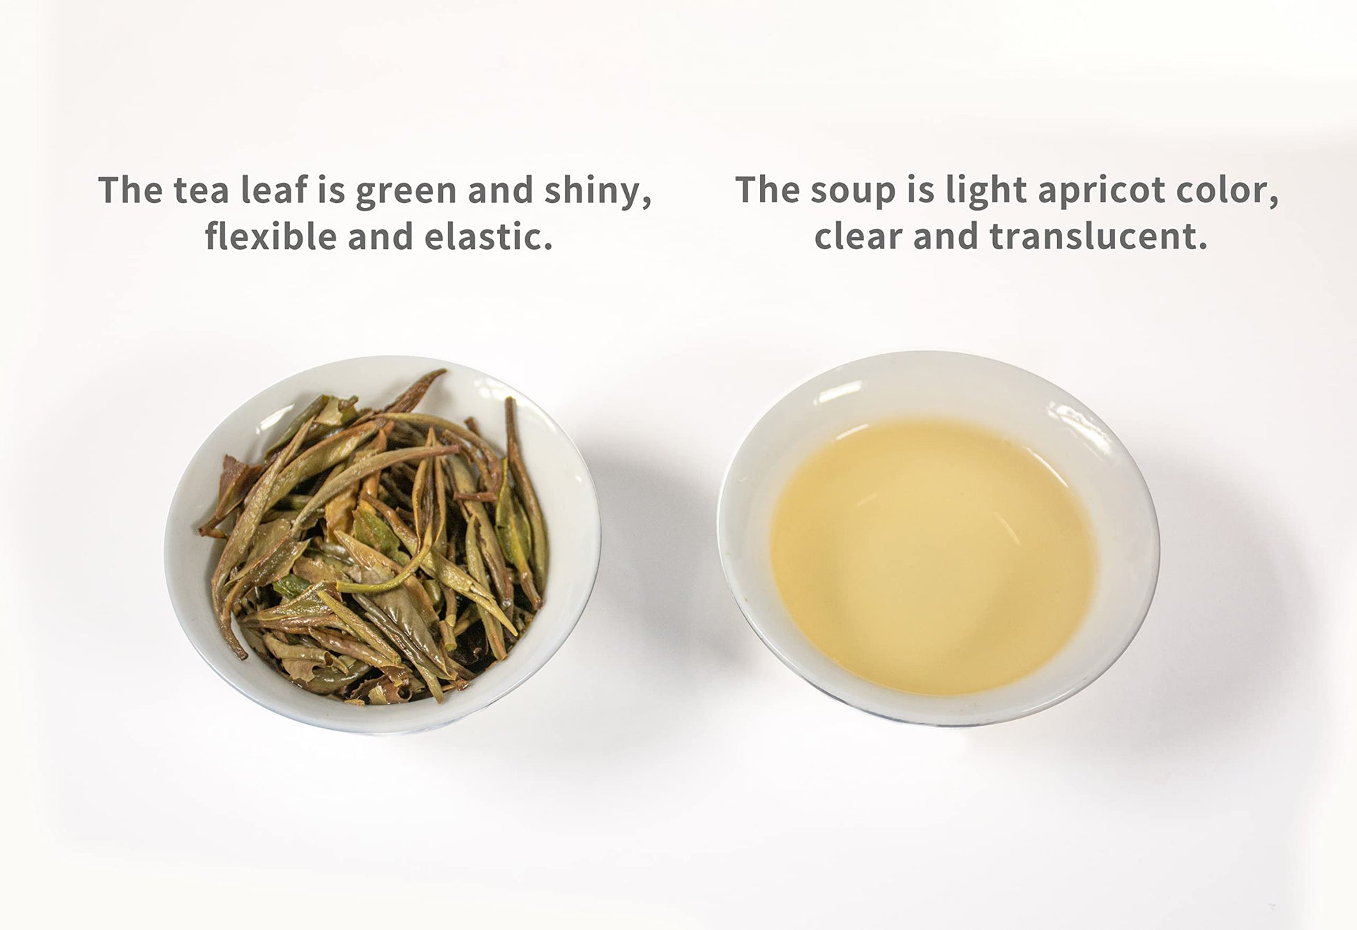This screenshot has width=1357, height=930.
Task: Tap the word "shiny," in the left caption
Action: [598, 191]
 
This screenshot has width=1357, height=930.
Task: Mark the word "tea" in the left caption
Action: [202, 190]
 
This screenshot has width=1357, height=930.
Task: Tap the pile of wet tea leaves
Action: [377, 537]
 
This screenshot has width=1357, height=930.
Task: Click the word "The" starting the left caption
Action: [130, 190]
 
